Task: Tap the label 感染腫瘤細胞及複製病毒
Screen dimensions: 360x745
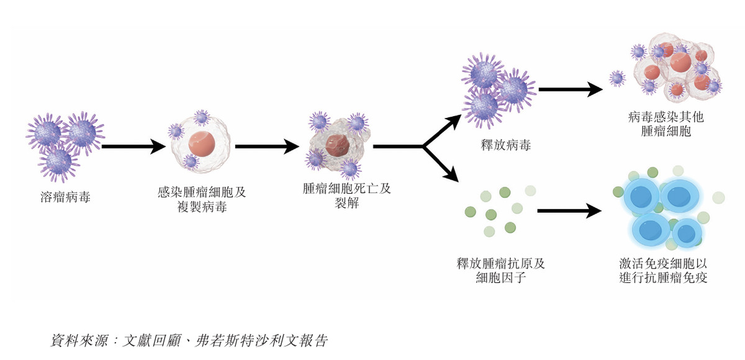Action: point(202,199)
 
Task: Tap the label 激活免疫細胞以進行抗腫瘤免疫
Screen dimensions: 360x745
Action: point(667,270)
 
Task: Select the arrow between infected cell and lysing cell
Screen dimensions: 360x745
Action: point(267,147)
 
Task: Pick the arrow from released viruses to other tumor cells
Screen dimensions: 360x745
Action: point(570,89)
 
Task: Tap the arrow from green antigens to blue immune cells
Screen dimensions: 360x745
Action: point(569,211)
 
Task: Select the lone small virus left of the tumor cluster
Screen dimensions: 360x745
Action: point(616,78)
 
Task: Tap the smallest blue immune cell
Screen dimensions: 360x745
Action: point(686,233)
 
